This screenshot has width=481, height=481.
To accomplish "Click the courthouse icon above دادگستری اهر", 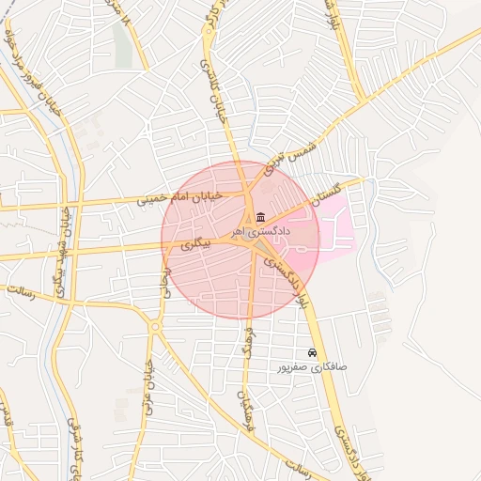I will pos(260,218).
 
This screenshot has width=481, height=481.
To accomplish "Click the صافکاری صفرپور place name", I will pos(312,366).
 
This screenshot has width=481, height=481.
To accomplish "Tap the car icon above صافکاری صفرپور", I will pos(312,353).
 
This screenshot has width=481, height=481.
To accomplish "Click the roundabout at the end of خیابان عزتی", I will pos(155,326).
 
